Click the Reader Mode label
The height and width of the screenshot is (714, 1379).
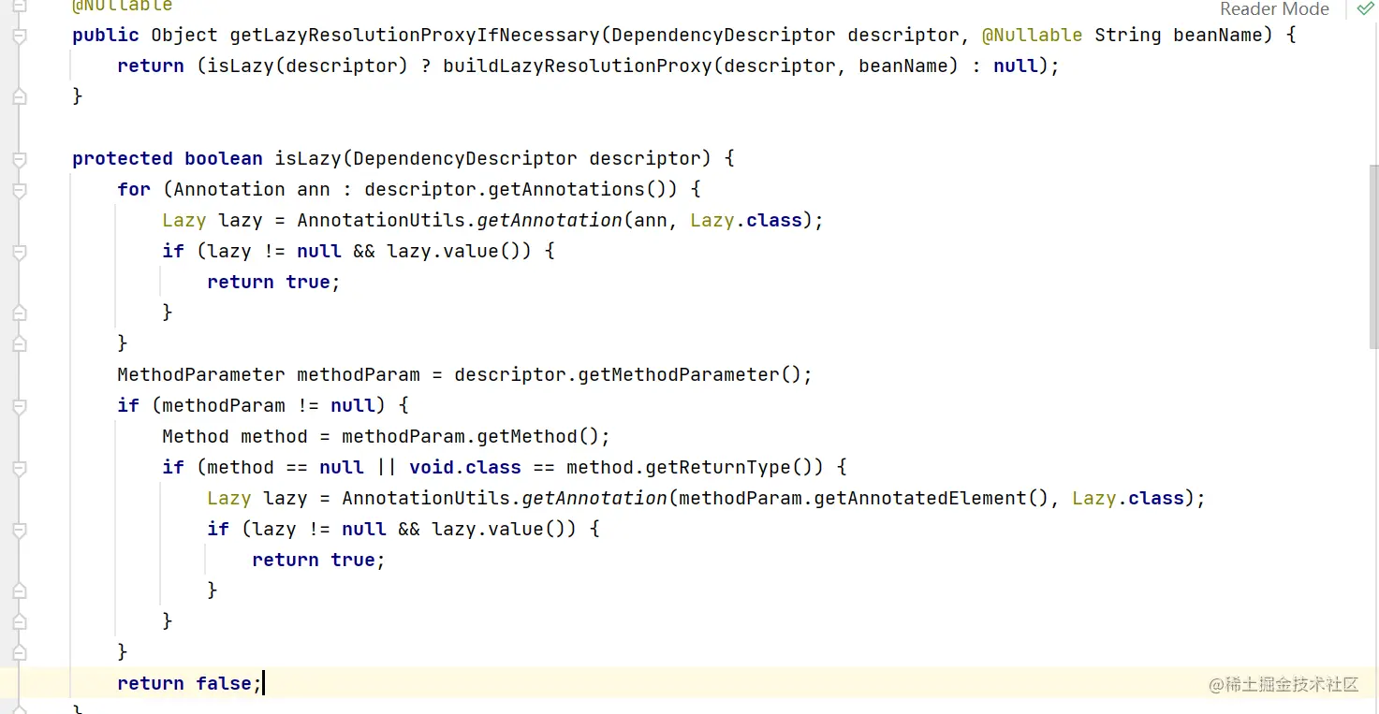[1274, 9]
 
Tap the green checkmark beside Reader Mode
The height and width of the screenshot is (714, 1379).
[1365, 9]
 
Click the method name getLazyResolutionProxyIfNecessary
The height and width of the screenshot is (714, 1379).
[415, 36]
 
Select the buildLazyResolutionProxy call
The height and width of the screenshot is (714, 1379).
[577, 66]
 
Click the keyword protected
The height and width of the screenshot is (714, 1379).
[123, 158]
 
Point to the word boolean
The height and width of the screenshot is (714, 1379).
[224, 158]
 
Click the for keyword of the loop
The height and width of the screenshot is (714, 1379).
[134, 189]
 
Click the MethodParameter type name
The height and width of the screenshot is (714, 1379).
[201, 374]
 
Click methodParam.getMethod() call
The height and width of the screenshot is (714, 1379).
[476, 436]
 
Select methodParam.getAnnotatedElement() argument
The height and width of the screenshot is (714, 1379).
[864, 498]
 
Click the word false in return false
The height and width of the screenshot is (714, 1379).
[224, 683]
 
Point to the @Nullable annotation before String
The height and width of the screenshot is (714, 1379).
[1032, 36]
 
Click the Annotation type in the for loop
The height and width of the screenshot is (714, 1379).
[229, 189]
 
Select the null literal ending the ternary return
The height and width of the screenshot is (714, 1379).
[1016, 66]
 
